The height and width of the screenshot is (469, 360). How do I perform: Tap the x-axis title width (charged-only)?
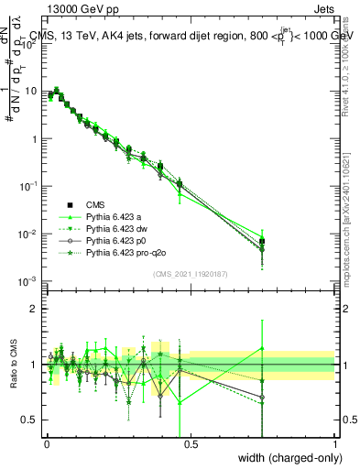(x=288, y=457)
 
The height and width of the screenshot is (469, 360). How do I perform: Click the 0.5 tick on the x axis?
(x=190, y=443)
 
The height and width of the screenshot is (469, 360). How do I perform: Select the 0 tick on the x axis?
(x=46, y=443)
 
